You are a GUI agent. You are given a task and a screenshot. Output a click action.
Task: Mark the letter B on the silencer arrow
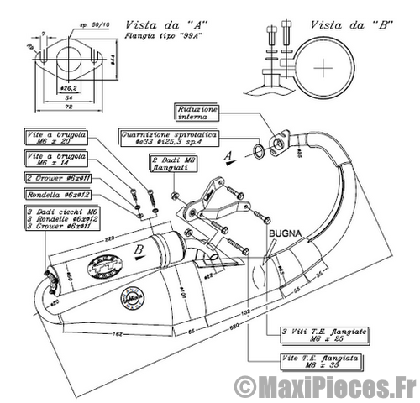(139, 249)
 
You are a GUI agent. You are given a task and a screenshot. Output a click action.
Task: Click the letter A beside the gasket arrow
(226, 155)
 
